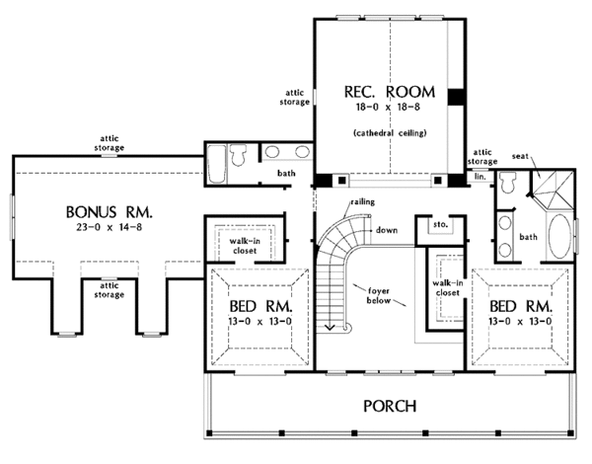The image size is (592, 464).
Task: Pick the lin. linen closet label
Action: [x=481, y=175]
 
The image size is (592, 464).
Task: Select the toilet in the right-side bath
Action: [x=506, y=182]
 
